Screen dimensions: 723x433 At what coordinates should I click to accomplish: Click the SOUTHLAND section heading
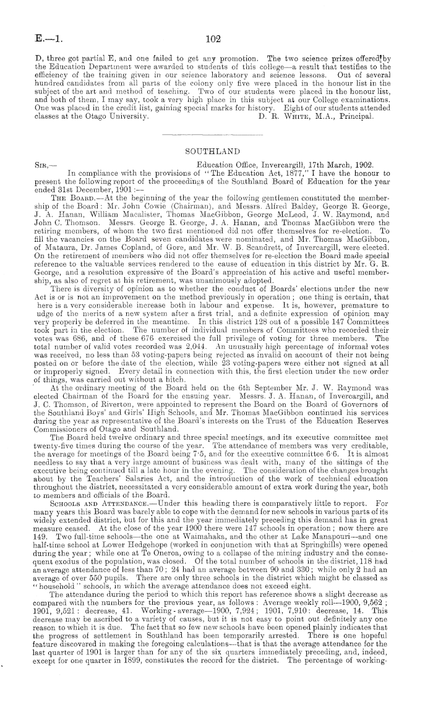pyautogui.click(x=215, y=150)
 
